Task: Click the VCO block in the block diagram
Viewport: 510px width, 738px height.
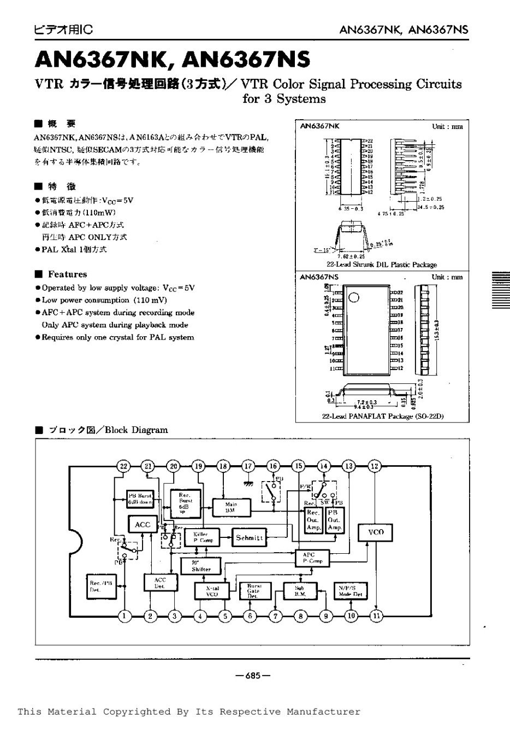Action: coord(376,532)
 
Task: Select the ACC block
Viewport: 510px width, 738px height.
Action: coord(142,525)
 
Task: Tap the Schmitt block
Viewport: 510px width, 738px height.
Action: coord(250,538)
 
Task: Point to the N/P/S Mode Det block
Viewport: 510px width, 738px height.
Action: coord(351,590)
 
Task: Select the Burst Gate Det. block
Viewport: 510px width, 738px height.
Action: coord(252,590)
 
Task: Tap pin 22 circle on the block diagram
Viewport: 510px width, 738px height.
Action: coord(123,466)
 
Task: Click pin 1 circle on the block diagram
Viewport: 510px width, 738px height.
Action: coord(124,616)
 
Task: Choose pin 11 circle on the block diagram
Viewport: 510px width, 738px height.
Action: coord(376,616)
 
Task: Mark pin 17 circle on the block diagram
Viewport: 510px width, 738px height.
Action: coord(249,466)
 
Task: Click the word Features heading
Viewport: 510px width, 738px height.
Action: coord(67,274)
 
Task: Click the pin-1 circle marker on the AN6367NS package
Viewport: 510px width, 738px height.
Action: coord(354,297)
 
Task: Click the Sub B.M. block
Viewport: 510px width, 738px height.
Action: coord(300,590)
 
